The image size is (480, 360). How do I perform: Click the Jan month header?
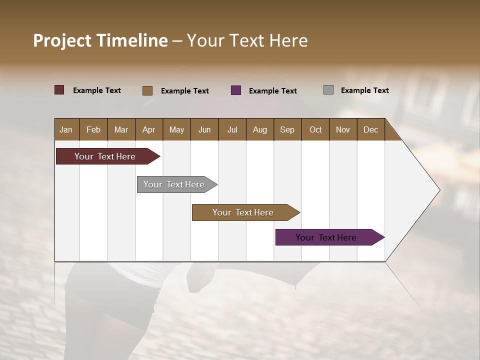tap(66, 129)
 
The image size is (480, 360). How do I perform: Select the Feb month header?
tap(93, 129)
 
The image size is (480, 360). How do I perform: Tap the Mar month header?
tap(121, 129)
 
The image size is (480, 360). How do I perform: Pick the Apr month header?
tap(149, 129)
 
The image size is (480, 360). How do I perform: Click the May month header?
tap(176, 129)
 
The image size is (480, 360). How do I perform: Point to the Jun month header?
tap(204, 129)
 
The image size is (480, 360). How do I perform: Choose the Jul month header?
tap(232, 129)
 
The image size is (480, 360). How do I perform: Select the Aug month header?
tap(260, 129)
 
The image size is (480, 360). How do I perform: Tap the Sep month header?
tap(287, 129)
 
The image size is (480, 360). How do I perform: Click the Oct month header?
tap(315, 129)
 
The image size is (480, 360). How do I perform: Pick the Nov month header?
tap(343, 129)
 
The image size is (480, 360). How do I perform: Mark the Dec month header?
tap(371, 129)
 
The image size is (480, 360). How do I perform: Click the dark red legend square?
tap(59, 90)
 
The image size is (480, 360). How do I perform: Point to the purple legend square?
tap(236, 90)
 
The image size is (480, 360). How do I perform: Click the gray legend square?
tap(328, 90)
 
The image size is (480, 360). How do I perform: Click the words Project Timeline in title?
tap(100, 40)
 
